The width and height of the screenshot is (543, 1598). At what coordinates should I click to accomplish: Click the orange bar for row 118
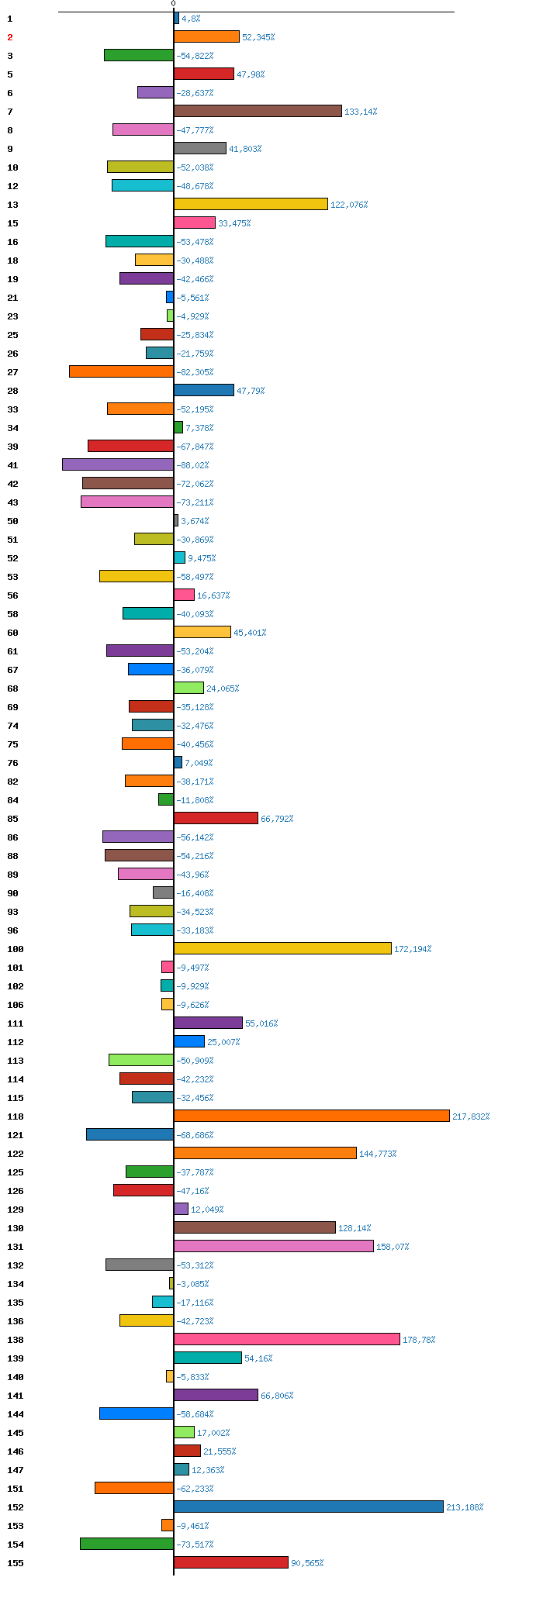pyautogui.click(x=312, y=1116)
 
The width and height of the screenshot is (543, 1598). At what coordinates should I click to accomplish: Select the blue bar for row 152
pyautogui.click(x=309, y=1507)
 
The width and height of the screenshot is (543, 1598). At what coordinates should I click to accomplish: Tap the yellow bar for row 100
pyautogui.click(x=282, y=948)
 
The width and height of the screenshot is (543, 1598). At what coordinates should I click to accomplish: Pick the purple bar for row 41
pyautogui.click(x=118, y=464)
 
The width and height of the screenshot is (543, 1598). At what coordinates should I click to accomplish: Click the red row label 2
pyautogui.click(x=10, y=37)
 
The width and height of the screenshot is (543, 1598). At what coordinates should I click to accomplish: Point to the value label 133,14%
pyautogui.click(x=361, y=112)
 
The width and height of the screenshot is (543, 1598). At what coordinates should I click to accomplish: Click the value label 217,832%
pyautogui.click(x=471, y=1117)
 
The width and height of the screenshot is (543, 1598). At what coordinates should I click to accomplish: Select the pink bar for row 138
pyautogui.click(x=287, y=1339)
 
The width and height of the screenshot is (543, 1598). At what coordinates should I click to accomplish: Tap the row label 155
pyautogui.click(x=16, y=1563)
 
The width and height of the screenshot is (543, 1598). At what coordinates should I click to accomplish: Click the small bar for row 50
pyautogui.click(x=176, y=520)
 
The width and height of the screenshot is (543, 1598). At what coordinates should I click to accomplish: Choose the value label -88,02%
pyautogui.click(x=192, y=465)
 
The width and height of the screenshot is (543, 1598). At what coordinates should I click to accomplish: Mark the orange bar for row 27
pyautogui.click(x=121, y=371)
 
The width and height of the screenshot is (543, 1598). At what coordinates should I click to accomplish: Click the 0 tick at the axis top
pyautogui.click(x=173, y=4)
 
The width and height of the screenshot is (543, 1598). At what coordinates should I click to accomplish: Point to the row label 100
pyautogui.click(x=16, y=949)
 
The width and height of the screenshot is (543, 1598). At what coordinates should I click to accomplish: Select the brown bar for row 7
pyautogui.click(x=258, y=111)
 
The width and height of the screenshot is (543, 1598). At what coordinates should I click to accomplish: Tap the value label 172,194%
pyautogui.click(x=413, y=949)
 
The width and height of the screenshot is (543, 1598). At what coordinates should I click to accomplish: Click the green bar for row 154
pyautogui.click(x=126, y=1544)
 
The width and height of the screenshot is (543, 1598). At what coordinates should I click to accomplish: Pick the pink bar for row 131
pyautogui.click(x=274, y=1246)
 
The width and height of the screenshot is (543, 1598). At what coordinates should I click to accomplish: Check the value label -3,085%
pyautogui.click(x=192, y=1284)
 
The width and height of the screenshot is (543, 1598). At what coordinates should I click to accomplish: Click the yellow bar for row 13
pyautogui.click(x=251, y=204)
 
